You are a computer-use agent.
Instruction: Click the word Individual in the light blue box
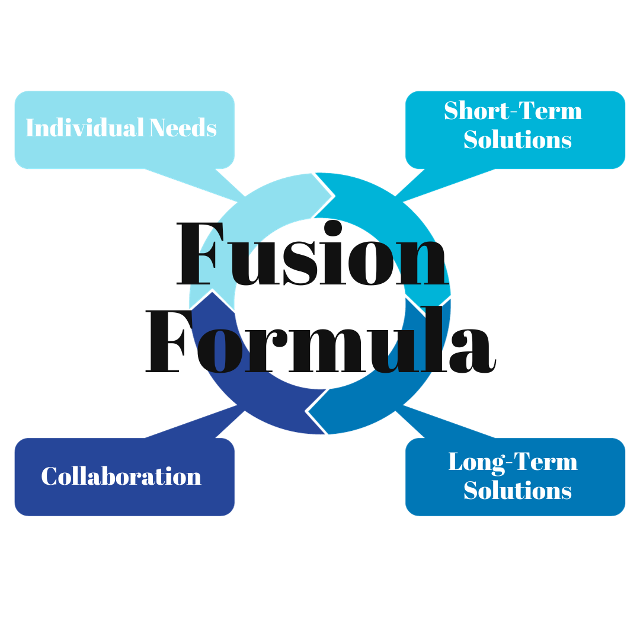(x=85, y=129)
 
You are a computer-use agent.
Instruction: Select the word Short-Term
(x=513, y=111)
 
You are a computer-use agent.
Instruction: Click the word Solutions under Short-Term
(x=517, y=140)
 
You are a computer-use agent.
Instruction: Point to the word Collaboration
(x=121, y=477)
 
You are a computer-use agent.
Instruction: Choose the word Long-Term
(x=513, y=462)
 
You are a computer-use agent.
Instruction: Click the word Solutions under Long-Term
(x=517, y=491)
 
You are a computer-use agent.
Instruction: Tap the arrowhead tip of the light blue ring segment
(x=333, y=195)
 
